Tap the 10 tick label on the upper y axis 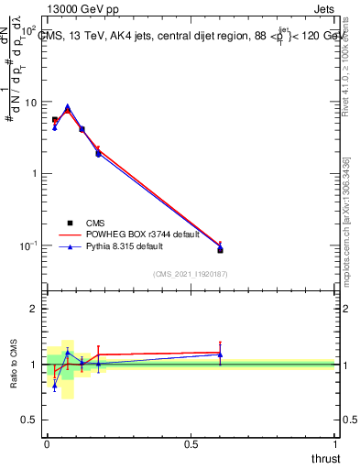click(x=30, y=103)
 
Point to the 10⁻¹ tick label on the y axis click(x=28, y=245)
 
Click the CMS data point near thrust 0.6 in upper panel click(x=220, y=249)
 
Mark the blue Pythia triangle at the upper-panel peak click(x=67, y=106)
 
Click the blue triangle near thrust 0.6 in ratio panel click(x=220, y=354)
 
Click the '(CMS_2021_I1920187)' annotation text click(x=190, y=275)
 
